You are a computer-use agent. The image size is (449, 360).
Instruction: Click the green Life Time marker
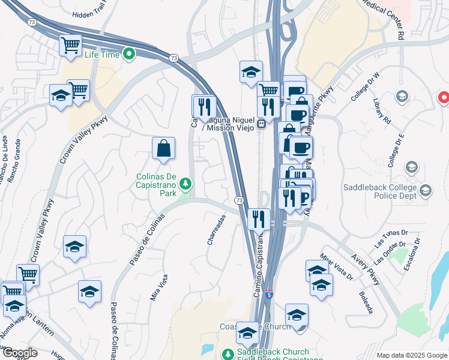[129, 55]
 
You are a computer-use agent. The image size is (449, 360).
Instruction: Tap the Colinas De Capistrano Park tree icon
[186, 182]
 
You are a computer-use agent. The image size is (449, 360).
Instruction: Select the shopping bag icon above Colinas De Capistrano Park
[163, 148]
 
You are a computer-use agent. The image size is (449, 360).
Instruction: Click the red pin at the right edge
[444, 97]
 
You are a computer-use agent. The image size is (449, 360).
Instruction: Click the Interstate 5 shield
[270, 295]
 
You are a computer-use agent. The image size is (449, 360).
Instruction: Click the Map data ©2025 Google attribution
[412, 355]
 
